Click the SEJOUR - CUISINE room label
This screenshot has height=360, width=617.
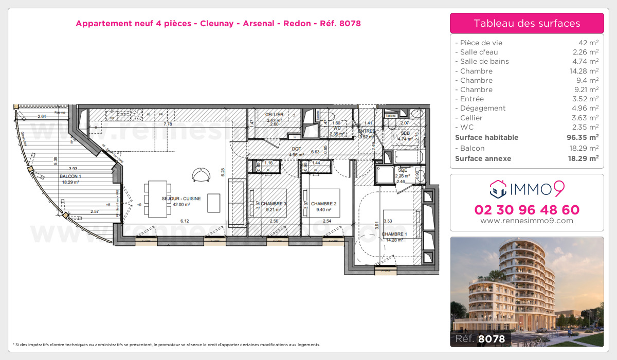(x=182, y=198)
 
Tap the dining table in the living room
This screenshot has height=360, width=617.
(x=156, y=198)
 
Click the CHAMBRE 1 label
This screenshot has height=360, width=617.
(x=394, y=234)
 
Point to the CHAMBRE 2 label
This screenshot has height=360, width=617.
(x=323, y=204)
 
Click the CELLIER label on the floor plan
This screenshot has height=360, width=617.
(x=274, y=114)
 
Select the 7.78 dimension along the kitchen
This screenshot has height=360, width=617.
(x=168, y=124)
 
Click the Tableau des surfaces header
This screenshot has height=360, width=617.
(x=527, y=23)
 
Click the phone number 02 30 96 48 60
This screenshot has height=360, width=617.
(x=527, y=210)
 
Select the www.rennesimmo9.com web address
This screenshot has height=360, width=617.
(x=527, y=221)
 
